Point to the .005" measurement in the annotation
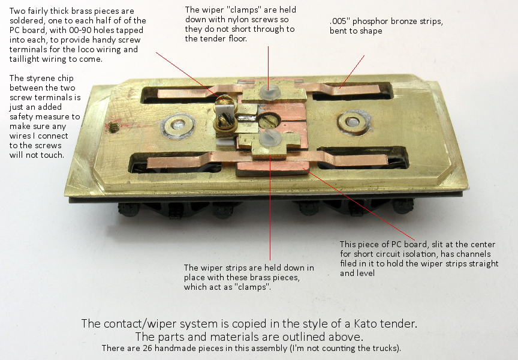tap(340, 21)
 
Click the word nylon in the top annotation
tap(237, 20)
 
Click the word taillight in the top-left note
tap(24, 59)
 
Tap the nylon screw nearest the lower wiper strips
tap(270, 138)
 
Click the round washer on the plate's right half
tap(353, 122)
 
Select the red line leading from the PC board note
tap(359, 204)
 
